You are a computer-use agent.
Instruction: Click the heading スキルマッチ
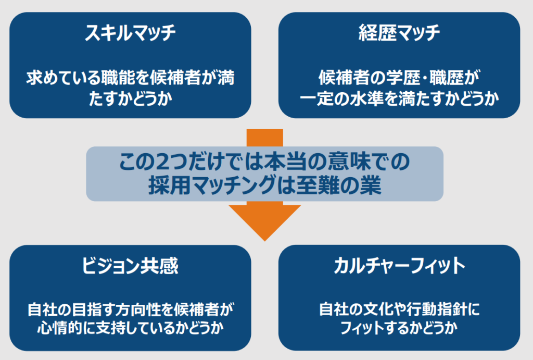tap(130, 33)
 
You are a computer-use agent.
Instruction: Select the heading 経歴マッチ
tap(399, 33)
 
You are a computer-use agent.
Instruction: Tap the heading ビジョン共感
tap(130, 266)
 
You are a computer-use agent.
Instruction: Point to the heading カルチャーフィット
tap(399, 266)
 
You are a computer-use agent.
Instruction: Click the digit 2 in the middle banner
tap(163, 162)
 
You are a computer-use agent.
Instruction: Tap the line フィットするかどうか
tap(399, 328)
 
